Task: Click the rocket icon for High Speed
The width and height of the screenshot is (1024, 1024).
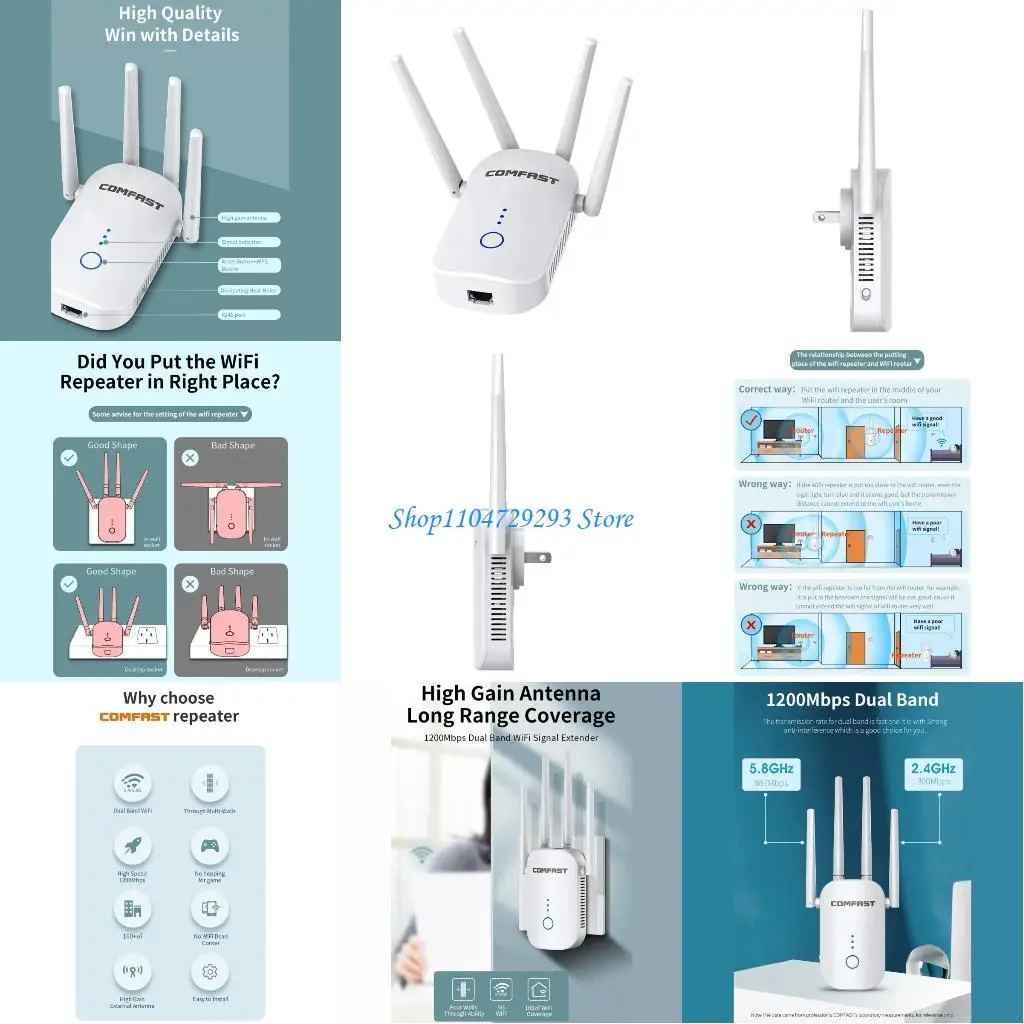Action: point(131,847)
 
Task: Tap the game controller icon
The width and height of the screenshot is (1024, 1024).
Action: point(210,847)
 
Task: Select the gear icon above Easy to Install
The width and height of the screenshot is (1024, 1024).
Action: point(210,971)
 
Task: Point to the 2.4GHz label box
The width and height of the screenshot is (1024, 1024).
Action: point(933,775)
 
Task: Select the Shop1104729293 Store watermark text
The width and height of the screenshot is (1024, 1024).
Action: point(510,518)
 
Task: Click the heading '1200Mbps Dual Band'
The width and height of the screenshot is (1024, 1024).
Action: point(852,700)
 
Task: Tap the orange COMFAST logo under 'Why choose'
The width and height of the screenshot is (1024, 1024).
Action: point(134,717)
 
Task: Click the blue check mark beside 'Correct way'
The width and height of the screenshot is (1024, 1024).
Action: point(750,421)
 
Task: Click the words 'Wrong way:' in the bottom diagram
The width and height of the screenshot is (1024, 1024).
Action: point(765,587)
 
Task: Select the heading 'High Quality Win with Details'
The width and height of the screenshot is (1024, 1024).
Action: point(172,24)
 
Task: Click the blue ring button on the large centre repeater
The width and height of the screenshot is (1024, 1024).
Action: point(491,240)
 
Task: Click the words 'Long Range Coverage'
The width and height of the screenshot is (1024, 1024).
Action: point(510,716)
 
